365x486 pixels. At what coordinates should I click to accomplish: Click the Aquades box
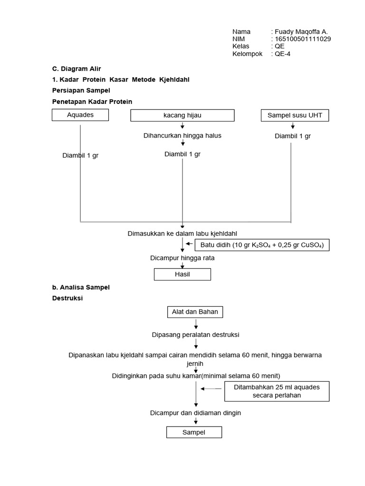click(x=80, y=115)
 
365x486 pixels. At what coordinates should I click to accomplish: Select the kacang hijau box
click(x=182, y=115)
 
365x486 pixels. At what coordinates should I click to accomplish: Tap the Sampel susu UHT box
click(x=295, y=115)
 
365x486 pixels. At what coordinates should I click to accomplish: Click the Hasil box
click(x=182, y=274)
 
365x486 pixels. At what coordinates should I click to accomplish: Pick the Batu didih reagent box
click(x=262, y=245)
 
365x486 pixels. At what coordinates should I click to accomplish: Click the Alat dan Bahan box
click(x=195, y=312)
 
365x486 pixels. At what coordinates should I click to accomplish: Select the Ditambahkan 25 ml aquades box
click(x=277, y=391)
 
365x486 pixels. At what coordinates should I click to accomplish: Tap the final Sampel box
click(x=194, y=432)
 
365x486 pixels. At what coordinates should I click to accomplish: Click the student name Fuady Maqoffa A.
click(x=301, y=32)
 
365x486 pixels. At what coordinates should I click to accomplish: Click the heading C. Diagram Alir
click(x=77, y=69)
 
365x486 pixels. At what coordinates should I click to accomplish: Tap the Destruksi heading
click(x=67, y=299)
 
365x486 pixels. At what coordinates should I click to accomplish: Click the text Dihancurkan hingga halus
click(x=182, y=136)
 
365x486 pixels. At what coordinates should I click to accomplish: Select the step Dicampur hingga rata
click(x=182, y=258)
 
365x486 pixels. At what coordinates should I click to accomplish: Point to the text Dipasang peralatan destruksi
click(x=195, y=335)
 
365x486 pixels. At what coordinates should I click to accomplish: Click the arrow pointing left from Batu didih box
click(x=190, y=244)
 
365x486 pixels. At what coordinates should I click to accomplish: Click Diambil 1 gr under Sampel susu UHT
click(x=293, y=136)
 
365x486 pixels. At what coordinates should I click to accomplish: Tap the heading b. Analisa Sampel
click(x=81, y=288)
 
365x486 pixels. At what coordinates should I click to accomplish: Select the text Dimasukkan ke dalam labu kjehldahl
click(x=182, y=234)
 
